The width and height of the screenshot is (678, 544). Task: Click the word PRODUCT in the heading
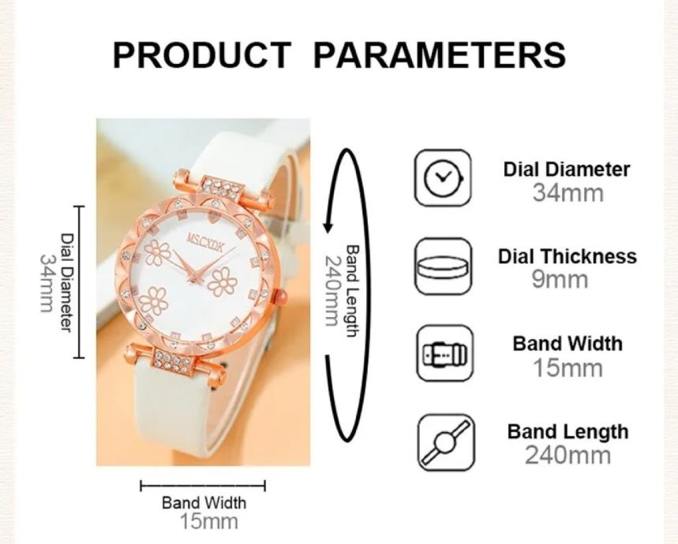[201, 55]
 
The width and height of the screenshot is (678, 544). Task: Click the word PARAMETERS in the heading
[440, 55]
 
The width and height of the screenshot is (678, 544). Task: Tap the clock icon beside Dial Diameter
[443, 177]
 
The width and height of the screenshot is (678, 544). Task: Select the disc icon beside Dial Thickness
[444, 266]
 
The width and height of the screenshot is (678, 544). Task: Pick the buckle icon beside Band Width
[445, 353]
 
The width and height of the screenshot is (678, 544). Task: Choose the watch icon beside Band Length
[446, 442]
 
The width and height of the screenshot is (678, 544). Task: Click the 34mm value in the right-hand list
[567, 192]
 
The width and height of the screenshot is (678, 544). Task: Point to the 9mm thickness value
[560, 280]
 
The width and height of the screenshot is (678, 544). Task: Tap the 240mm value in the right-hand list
[567, 455]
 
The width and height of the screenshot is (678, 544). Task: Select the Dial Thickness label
[567, 256]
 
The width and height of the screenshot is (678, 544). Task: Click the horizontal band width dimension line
[203, 486]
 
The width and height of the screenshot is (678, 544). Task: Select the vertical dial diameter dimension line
[79, 282]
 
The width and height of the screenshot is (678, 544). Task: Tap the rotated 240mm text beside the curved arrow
[332, 291]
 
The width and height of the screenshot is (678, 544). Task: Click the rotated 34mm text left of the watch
[47, 283]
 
